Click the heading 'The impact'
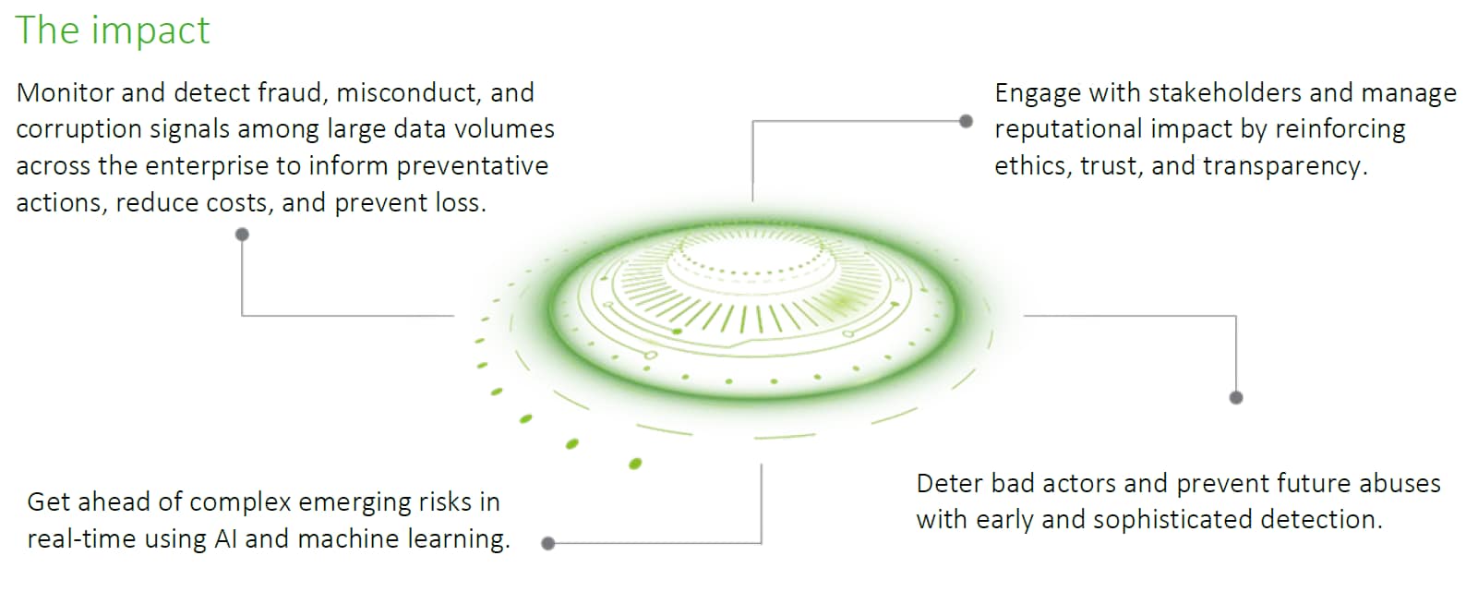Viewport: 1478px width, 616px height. coord(113,30)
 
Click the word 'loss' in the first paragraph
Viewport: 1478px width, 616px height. coord(459,203)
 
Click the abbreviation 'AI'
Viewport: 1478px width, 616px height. coord(225,539)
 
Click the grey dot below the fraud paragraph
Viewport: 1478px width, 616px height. coord(242,235)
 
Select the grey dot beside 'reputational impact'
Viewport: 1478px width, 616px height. coord(966,121)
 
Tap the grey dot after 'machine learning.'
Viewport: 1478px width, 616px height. coord(547,543)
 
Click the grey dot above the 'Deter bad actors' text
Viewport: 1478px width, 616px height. coord(1236,397)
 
